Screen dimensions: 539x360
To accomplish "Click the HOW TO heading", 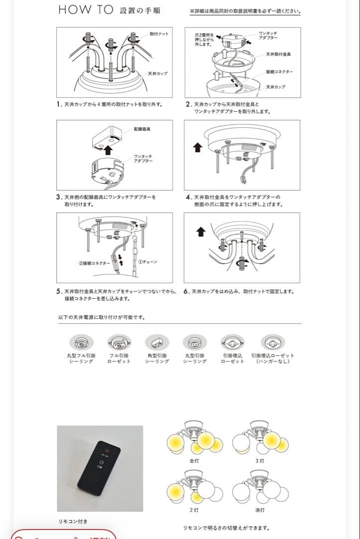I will click(86, 10).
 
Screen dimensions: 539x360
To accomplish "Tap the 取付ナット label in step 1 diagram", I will click(159, 33).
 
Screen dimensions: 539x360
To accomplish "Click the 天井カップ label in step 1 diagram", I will click(158, 73).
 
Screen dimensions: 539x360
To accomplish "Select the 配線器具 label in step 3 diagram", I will click(143, 129).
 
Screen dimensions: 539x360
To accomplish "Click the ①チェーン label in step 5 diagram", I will click(148, 262).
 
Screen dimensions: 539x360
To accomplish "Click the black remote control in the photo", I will click(99, 467).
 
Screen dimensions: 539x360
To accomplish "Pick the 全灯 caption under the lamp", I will click(194, 461).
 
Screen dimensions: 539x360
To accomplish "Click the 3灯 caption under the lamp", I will click(260, 461).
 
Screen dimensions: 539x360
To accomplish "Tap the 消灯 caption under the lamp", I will click(260, 510).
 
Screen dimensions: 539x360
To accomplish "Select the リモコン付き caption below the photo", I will click(73, 522).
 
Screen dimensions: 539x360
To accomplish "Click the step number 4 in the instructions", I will click(187, 197).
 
